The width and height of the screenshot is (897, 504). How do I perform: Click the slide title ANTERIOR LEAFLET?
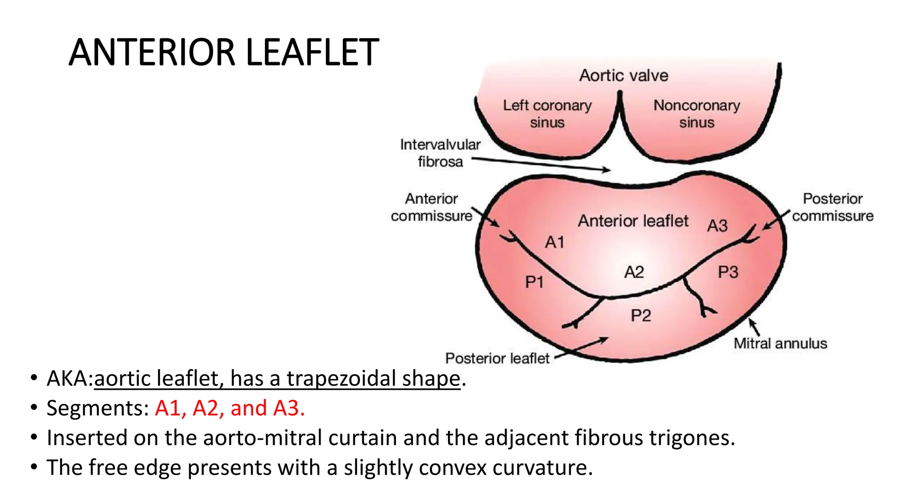pyautogui.click(x=224, y=52)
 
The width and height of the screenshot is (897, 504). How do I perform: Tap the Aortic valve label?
pyautogui.click(x=624, y=76)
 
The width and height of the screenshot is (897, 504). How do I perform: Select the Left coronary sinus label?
pyautogui.click(x=547, y=114)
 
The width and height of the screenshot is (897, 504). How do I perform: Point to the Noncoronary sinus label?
pyautogui.click(x=696, y=114)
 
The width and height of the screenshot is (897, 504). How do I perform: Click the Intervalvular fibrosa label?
pyautogui.click(x=440, y=153)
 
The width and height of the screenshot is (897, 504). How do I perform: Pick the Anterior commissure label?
pyautogui.click(x=431, y=207)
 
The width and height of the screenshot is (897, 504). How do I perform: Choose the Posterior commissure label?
pyautogui.click(x=832, y=207)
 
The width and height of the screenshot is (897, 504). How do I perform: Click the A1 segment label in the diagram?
pyautogui.click(x=554, y=242)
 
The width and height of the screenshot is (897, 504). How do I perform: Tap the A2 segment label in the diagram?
pyautogui.click(x=634, y=273)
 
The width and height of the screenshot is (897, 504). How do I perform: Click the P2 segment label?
pyautogui.click(x=641, y=315)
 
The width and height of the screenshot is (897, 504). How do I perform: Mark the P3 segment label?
pyautogui.click(x=728, y=273)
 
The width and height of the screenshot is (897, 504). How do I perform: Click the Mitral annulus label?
pyautogui.click(x=780, y=344)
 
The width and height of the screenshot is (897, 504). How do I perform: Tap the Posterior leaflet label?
pyautogui.click(x=497, y=359)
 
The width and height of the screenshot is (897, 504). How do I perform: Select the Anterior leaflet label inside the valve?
pyautogui.click(x=633, y=221)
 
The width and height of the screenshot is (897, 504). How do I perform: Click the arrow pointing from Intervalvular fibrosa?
pyautogui.click(x=541, y=164)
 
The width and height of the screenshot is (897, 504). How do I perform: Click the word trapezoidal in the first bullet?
pyautogui.click(x=341, y=379)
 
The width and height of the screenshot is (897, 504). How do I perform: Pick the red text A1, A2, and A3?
pyautogui.click(x=230, y=409)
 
